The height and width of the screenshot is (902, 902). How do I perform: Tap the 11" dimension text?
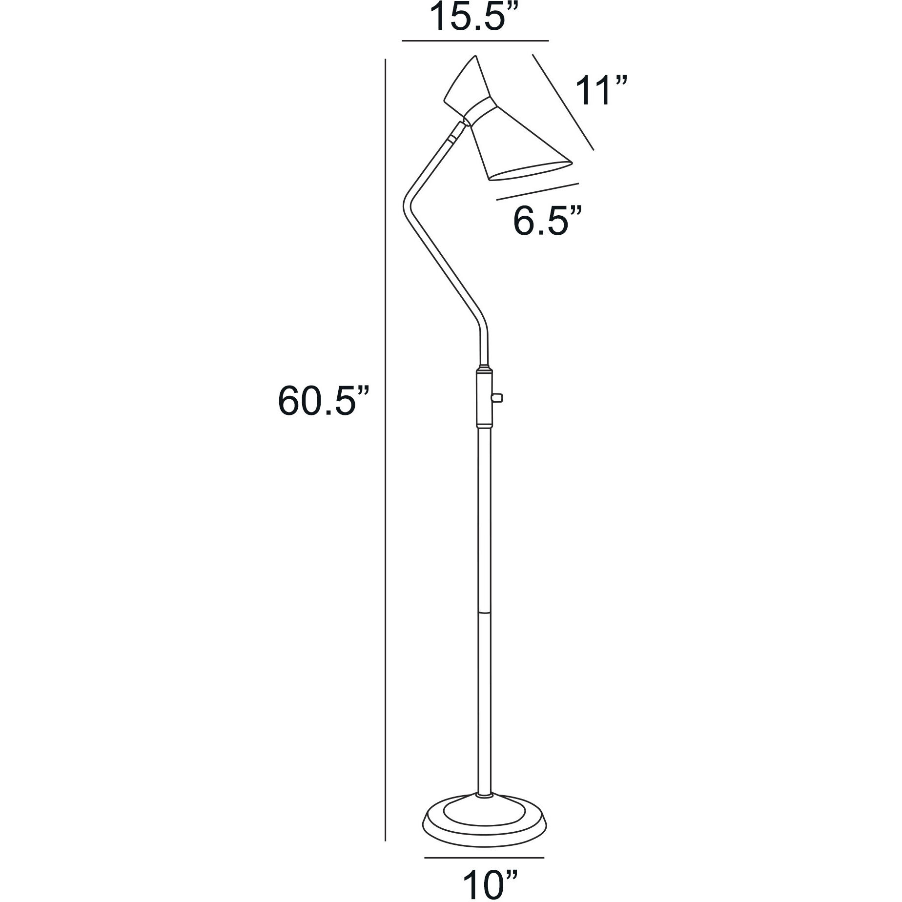600,91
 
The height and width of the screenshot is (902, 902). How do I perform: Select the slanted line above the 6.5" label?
537,191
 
